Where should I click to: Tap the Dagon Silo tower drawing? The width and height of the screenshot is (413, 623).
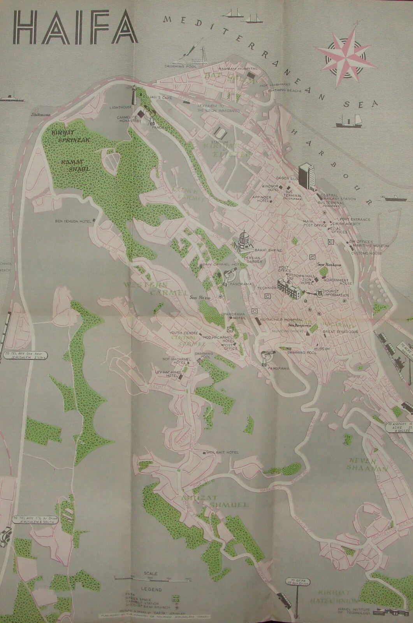(307, 176)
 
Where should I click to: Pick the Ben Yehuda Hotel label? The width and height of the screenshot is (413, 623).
(73, 222)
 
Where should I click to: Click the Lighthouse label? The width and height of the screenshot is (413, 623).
(121, 107)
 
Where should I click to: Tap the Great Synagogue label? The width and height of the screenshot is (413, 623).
(340, 332)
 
